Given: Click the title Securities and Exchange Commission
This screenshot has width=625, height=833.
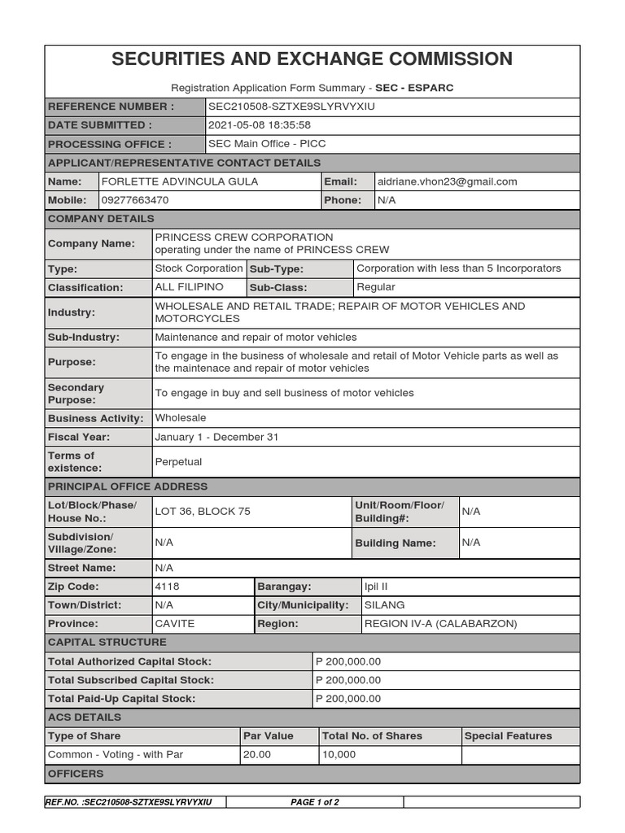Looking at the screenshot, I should click(312, 59).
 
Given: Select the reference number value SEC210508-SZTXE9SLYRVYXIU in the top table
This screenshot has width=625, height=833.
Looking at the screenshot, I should click(291, 107).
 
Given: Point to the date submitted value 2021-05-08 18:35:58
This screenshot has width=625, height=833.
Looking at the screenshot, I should click(260, 125).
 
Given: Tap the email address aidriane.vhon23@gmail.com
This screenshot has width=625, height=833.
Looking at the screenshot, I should click(447, 181).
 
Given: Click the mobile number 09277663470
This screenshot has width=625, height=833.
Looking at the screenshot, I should click(135, 200).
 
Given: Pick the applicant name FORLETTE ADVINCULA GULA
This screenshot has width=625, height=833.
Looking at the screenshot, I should click(179, 181).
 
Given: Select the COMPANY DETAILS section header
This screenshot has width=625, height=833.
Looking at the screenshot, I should click(101, 219).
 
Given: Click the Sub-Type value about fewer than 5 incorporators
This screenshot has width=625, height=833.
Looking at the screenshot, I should click(458, 268).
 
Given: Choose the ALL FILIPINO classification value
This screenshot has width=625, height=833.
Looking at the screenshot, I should click(189, 287).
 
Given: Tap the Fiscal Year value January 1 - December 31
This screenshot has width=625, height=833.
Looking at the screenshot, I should click(216, 437).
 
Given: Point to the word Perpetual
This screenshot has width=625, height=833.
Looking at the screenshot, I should click(178, 462).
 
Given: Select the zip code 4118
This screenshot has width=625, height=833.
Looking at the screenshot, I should click(167, 587).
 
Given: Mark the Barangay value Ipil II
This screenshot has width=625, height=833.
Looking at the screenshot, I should click(382, 587).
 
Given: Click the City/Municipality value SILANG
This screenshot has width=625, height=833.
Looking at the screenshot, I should click(385, 605).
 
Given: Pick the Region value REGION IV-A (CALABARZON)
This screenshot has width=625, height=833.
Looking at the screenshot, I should click(440, 624).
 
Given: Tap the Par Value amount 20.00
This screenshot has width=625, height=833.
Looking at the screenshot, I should click(257, 755).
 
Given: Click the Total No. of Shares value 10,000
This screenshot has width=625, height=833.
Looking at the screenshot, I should click(339, 755).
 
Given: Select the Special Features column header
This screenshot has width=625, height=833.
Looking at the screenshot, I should click(508, 736).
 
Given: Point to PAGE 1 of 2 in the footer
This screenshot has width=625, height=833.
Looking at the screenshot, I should click(315, 802).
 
